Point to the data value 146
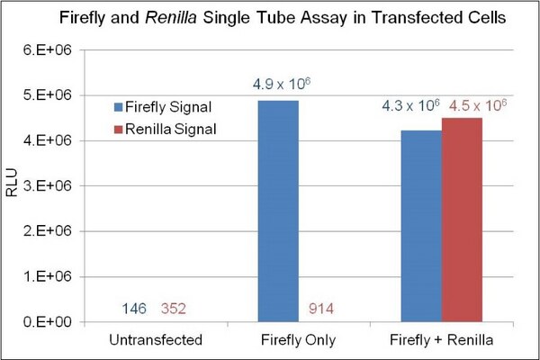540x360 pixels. coord(134,309)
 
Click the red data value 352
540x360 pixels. coord(174,309)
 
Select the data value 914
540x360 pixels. coord(321,309)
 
